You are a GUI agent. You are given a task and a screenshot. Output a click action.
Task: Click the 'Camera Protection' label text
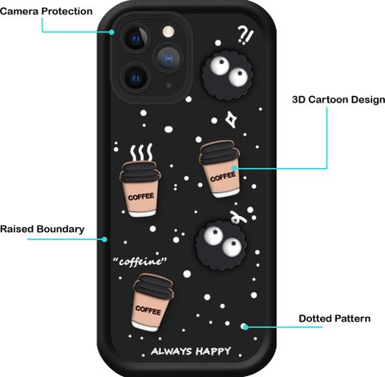[47, 11]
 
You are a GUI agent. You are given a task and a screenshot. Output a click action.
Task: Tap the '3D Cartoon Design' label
[338, 99]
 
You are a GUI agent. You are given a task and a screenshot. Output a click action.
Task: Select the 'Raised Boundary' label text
[43, 229]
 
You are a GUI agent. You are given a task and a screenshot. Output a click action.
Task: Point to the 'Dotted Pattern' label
[334, 319]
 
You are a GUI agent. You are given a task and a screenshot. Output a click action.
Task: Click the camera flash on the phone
[168, 31]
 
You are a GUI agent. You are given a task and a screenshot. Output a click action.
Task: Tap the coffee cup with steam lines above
[140, 189]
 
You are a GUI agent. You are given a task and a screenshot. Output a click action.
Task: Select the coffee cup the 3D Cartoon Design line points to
[220, 169]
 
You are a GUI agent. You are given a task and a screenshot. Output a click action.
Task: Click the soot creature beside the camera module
[227, 75]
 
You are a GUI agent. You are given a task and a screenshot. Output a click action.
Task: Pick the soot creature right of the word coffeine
[221, 245]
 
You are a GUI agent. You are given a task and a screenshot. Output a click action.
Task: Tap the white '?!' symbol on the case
[245, 35]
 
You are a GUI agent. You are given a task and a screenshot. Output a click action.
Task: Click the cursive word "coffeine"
[140, 262]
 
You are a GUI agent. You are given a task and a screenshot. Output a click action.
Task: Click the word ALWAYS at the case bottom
[172, 351]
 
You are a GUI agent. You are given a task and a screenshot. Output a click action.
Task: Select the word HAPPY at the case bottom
[213, 351]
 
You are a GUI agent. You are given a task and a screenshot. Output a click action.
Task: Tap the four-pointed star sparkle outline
[230, 119]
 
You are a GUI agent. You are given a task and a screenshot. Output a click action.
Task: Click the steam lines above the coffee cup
[141, 152]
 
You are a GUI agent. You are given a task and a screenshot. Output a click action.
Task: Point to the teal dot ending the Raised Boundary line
[104, 239]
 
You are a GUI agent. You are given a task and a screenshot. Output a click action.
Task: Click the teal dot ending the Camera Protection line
[111, 32]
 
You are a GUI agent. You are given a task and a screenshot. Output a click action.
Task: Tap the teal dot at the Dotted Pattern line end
[245, 327]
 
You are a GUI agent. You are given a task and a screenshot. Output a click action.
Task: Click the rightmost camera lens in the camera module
[168, 58]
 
